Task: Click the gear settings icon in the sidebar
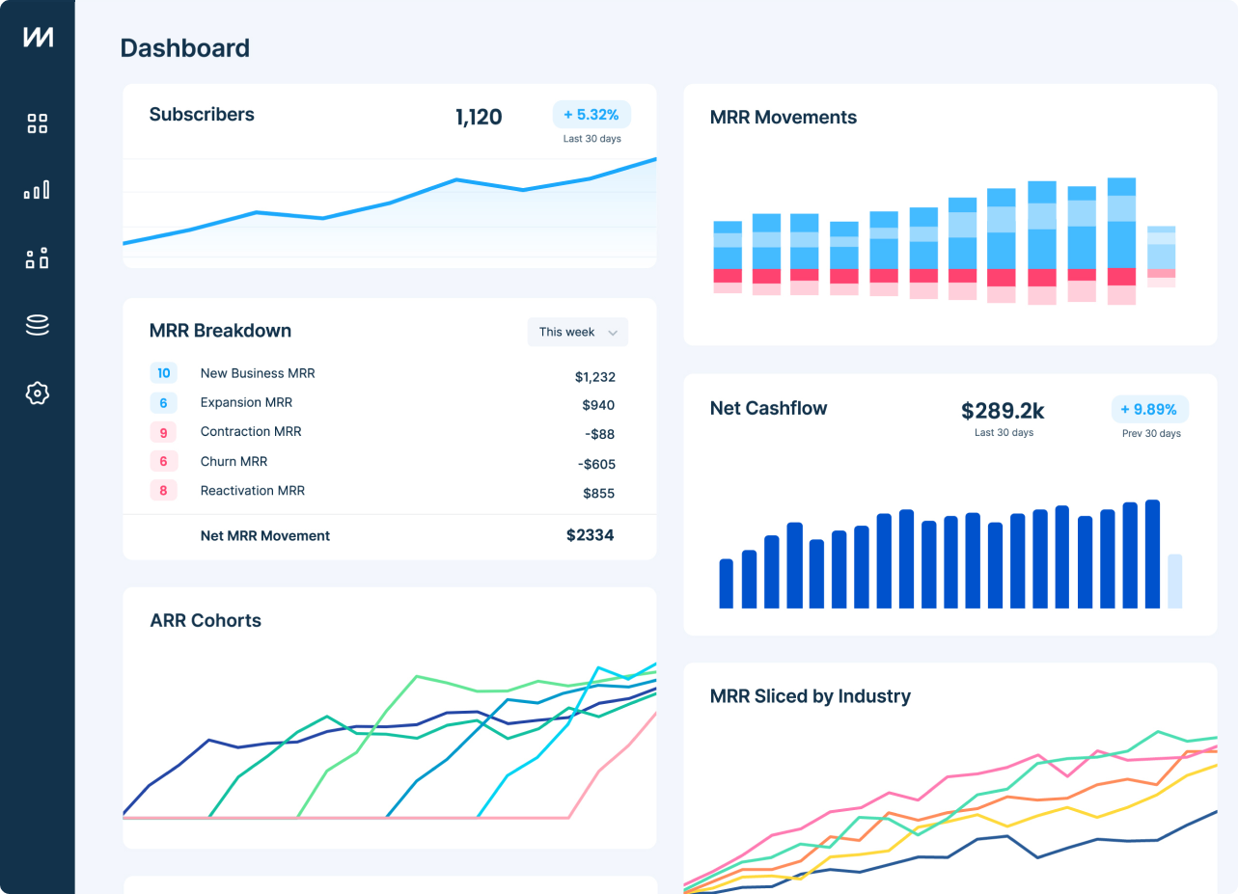pyautogui.click(x=38, y=393)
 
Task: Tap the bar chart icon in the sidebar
pyautogui.click(x=38, y=190)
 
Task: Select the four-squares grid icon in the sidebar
pyautogui.click(x=38, y=123)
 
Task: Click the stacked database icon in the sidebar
pyautogui.click(x=38, y=326)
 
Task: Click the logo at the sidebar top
pyautogui.click(x=38, y=37)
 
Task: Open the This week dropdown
pyautogui.click(x=577, y=332)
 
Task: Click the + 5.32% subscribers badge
pyautogui.click(x=591, y=115)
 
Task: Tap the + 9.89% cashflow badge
pyautogui.click(x=1149, y=410)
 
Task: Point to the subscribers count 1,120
pyautogui.click(x=479, y=118)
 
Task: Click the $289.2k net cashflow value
pyautogui.click(x=1003, y=411)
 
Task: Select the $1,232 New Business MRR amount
pyautogui.click(x=594, y=377)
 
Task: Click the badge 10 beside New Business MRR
pyautogui.click(x=163, y=373)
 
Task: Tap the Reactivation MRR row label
pyautogui.click(x=252, y=491)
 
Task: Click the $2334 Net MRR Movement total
pyautogui.click(x=590, y=535)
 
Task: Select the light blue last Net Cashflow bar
pyautogui.click(x=1174, y=581)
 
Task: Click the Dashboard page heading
pyautogui.click(x=184, y=48)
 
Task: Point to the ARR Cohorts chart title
pyautogui.click(x=206, y=620)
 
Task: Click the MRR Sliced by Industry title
pyautogui.click(x=810, y=696)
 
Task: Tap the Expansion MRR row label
pyautogui.click(x=246, y=402)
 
